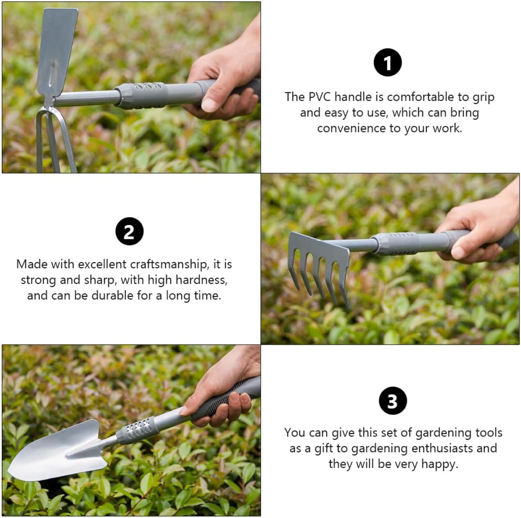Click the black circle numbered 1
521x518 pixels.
[387, 63]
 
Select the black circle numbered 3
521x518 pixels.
[392, 401]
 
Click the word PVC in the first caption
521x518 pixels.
[320, 97]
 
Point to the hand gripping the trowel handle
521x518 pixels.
[222, 392]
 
